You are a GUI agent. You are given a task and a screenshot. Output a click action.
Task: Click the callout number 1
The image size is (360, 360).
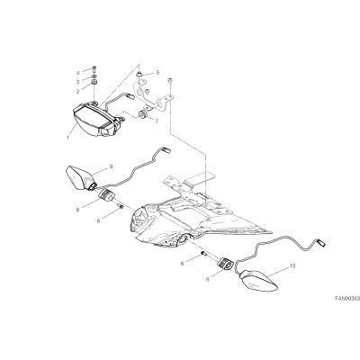(67, 139)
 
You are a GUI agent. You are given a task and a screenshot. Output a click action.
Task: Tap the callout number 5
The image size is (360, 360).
(157, 73)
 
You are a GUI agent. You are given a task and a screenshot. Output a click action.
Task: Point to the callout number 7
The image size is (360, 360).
(157, 121)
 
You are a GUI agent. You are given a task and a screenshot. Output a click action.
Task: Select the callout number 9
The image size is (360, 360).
(111, 166)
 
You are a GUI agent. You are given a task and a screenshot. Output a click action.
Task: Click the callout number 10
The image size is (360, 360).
(292, 265)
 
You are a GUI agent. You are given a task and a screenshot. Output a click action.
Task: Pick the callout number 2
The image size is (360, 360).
(77, 92)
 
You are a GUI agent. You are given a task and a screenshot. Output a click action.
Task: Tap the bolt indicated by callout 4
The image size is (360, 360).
(94, 68)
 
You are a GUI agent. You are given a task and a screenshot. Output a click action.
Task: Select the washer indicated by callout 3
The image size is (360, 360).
(94, 76)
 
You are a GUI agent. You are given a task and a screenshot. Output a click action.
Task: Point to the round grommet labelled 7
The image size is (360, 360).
(141, 114)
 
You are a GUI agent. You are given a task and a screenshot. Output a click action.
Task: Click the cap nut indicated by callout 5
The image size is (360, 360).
(139, 73)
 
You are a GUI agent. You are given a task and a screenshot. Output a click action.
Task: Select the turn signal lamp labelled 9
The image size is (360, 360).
(80, 178)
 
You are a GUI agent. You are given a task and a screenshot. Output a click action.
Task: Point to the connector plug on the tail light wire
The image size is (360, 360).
(130, 96)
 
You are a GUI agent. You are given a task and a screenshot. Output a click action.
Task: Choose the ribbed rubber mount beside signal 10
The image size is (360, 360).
(225, 264)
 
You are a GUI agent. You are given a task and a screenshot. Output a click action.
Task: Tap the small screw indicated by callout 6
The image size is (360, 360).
(121, 206)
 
